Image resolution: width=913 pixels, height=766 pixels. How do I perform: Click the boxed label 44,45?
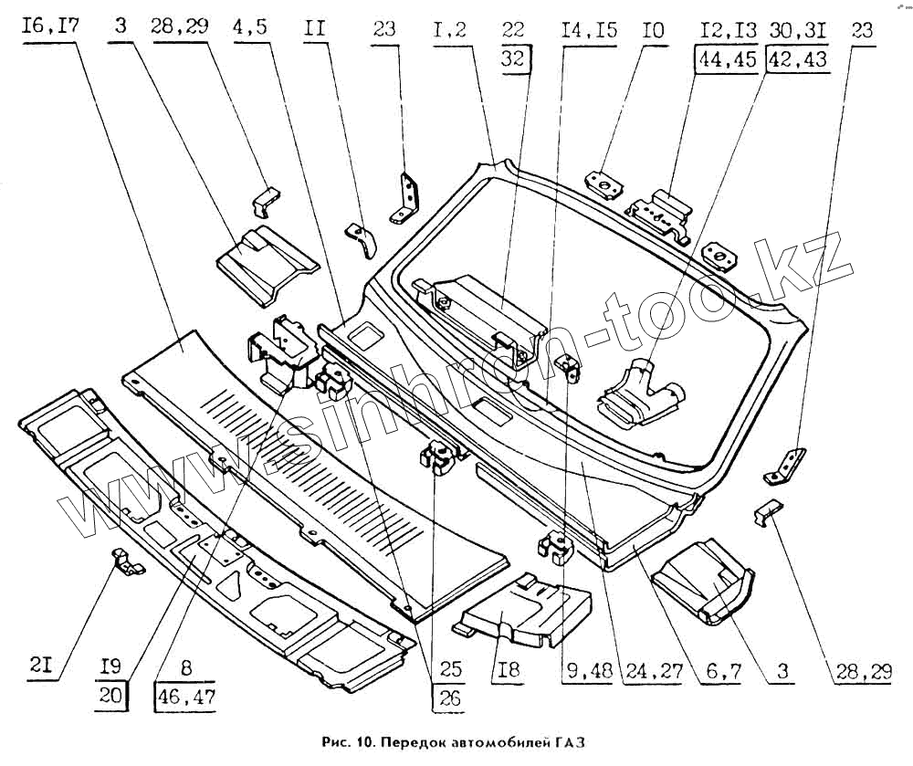(x=728, y=59)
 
